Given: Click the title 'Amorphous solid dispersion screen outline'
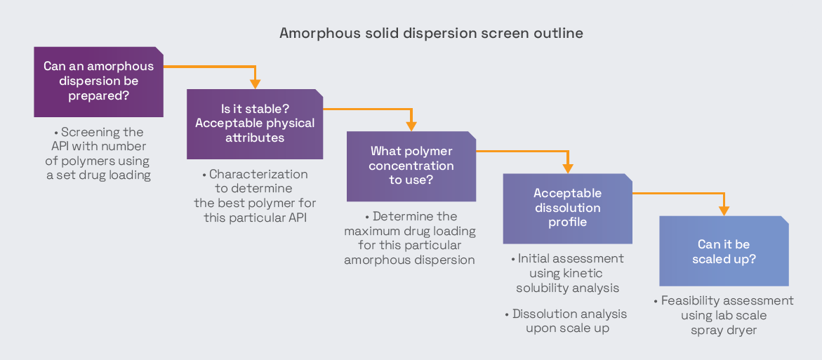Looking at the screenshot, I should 431,33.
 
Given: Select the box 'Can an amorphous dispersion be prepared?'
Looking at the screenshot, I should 98,81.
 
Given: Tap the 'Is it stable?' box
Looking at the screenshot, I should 255,124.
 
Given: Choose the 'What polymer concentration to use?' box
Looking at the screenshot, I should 411,166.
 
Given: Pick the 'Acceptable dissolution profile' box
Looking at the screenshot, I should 567,208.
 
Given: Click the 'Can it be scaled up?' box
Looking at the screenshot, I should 724,251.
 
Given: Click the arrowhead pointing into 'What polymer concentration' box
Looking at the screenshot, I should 411,126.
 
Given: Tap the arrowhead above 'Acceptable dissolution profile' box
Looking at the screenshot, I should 567,168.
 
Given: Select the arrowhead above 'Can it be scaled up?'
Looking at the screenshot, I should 724,210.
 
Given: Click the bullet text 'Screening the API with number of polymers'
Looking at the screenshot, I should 98,154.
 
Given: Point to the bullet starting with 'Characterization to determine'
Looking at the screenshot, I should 255,196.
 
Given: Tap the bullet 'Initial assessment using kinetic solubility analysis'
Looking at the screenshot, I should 567,273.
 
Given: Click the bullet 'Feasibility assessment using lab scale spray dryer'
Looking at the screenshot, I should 724,315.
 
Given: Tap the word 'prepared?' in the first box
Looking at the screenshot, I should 98,96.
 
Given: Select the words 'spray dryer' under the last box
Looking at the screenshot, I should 724,330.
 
